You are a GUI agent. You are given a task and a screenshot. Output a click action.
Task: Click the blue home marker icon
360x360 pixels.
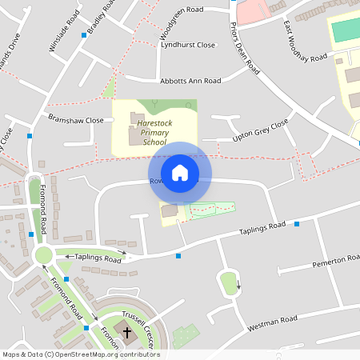[180, 172]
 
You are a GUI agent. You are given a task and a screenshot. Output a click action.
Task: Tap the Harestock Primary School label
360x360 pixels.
[154, 133]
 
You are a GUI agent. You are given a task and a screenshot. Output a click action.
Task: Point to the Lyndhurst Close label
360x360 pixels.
[188, 46]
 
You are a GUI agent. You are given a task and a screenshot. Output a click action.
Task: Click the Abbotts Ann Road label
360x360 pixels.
[190, 81]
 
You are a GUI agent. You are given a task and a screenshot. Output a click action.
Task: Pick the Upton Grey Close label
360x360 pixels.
[259, 132]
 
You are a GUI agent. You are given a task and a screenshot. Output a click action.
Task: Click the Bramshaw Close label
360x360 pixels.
[76, 120]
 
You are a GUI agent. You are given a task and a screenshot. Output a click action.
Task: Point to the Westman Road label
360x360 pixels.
[273, 322]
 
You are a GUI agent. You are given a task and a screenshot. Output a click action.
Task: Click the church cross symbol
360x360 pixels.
[126, 331]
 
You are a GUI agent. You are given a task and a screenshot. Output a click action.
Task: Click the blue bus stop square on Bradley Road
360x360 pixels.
[84, 35]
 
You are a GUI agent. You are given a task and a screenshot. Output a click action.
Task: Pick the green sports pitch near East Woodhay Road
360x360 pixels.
[346, 30]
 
